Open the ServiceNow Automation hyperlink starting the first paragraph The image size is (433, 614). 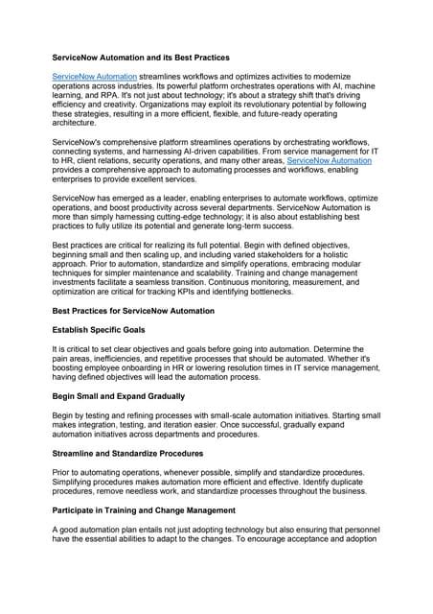94,74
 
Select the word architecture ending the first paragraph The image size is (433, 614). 78,124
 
